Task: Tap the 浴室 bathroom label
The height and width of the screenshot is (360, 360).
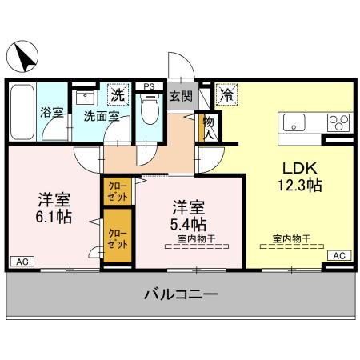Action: click(x=52, y=113)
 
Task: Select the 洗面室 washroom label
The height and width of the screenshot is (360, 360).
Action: click(x=102, y=116)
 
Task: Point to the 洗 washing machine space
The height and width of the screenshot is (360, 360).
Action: click(x=118, y=94)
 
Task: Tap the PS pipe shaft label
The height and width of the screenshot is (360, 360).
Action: click(x=149, y=86)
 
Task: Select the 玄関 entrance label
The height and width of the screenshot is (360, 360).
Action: click(x=181, y=97)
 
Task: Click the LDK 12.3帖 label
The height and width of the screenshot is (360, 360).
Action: click(x=299, y=177)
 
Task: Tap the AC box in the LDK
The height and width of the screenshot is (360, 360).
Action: click(x=338, y=255)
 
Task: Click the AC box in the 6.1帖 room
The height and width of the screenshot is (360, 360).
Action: click(x=22, y=261)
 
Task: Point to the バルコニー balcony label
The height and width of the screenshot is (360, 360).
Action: click(x=180, y=294)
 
